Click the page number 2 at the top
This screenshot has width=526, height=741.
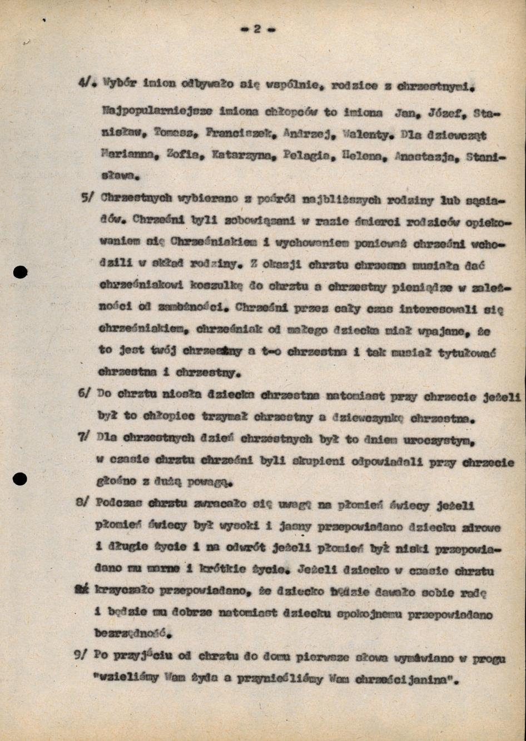257,29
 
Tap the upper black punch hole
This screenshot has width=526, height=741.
20,272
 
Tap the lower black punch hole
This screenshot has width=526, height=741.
20,478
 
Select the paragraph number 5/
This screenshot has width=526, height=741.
87,198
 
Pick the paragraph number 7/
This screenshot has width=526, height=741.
84,437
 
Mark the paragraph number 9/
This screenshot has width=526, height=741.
82,655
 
